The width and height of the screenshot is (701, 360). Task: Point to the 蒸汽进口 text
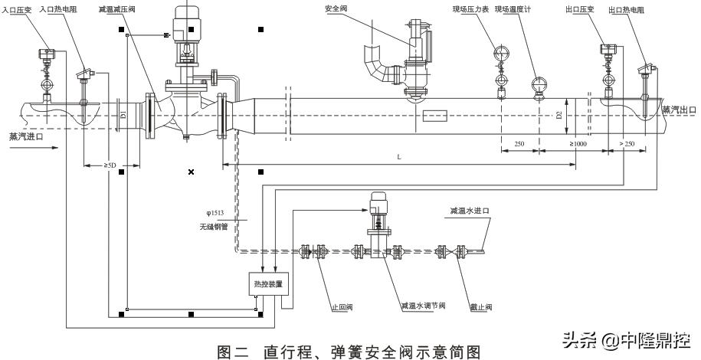pos(27,137)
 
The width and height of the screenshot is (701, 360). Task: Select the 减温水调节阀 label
pos(422,306)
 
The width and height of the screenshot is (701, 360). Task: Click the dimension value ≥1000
pos(578,143)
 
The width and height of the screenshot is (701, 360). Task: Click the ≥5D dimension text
pos(111,165)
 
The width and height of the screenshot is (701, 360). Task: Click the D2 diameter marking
pos(559,115)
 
